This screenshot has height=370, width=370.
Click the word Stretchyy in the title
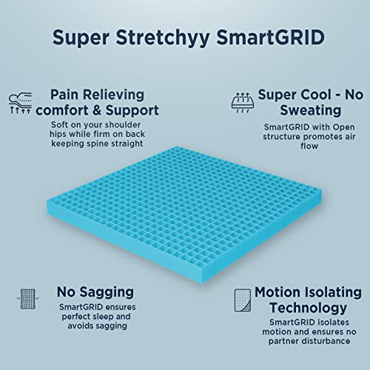tap(163, 38)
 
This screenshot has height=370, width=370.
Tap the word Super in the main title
tap(81, 38)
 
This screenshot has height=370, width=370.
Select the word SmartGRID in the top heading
tap(270, 37)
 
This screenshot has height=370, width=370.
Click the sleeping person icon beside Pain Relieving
tap(20, 103)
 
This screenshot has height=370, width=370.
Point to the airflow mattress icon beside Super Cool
tap(243, 103)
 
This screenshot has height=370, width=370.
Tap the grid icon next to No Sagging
tap(27, 299)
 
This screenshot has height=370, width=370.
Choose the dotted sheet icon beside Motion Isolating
tap(243, 300)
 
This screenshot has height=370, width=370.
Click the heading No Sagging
tap(95, 293)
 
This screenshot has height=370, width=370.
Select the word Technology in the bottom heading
tap(309, 308)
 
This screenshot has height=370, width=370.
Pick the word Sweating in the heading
tap(311, 111)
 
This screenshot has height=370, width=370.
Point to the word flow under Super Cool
tap(309, 146)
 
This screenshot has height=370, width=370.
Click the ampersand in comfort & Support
tap(97, 110)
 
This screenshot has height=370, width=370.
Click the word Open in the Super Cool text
tap(344, 127)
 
